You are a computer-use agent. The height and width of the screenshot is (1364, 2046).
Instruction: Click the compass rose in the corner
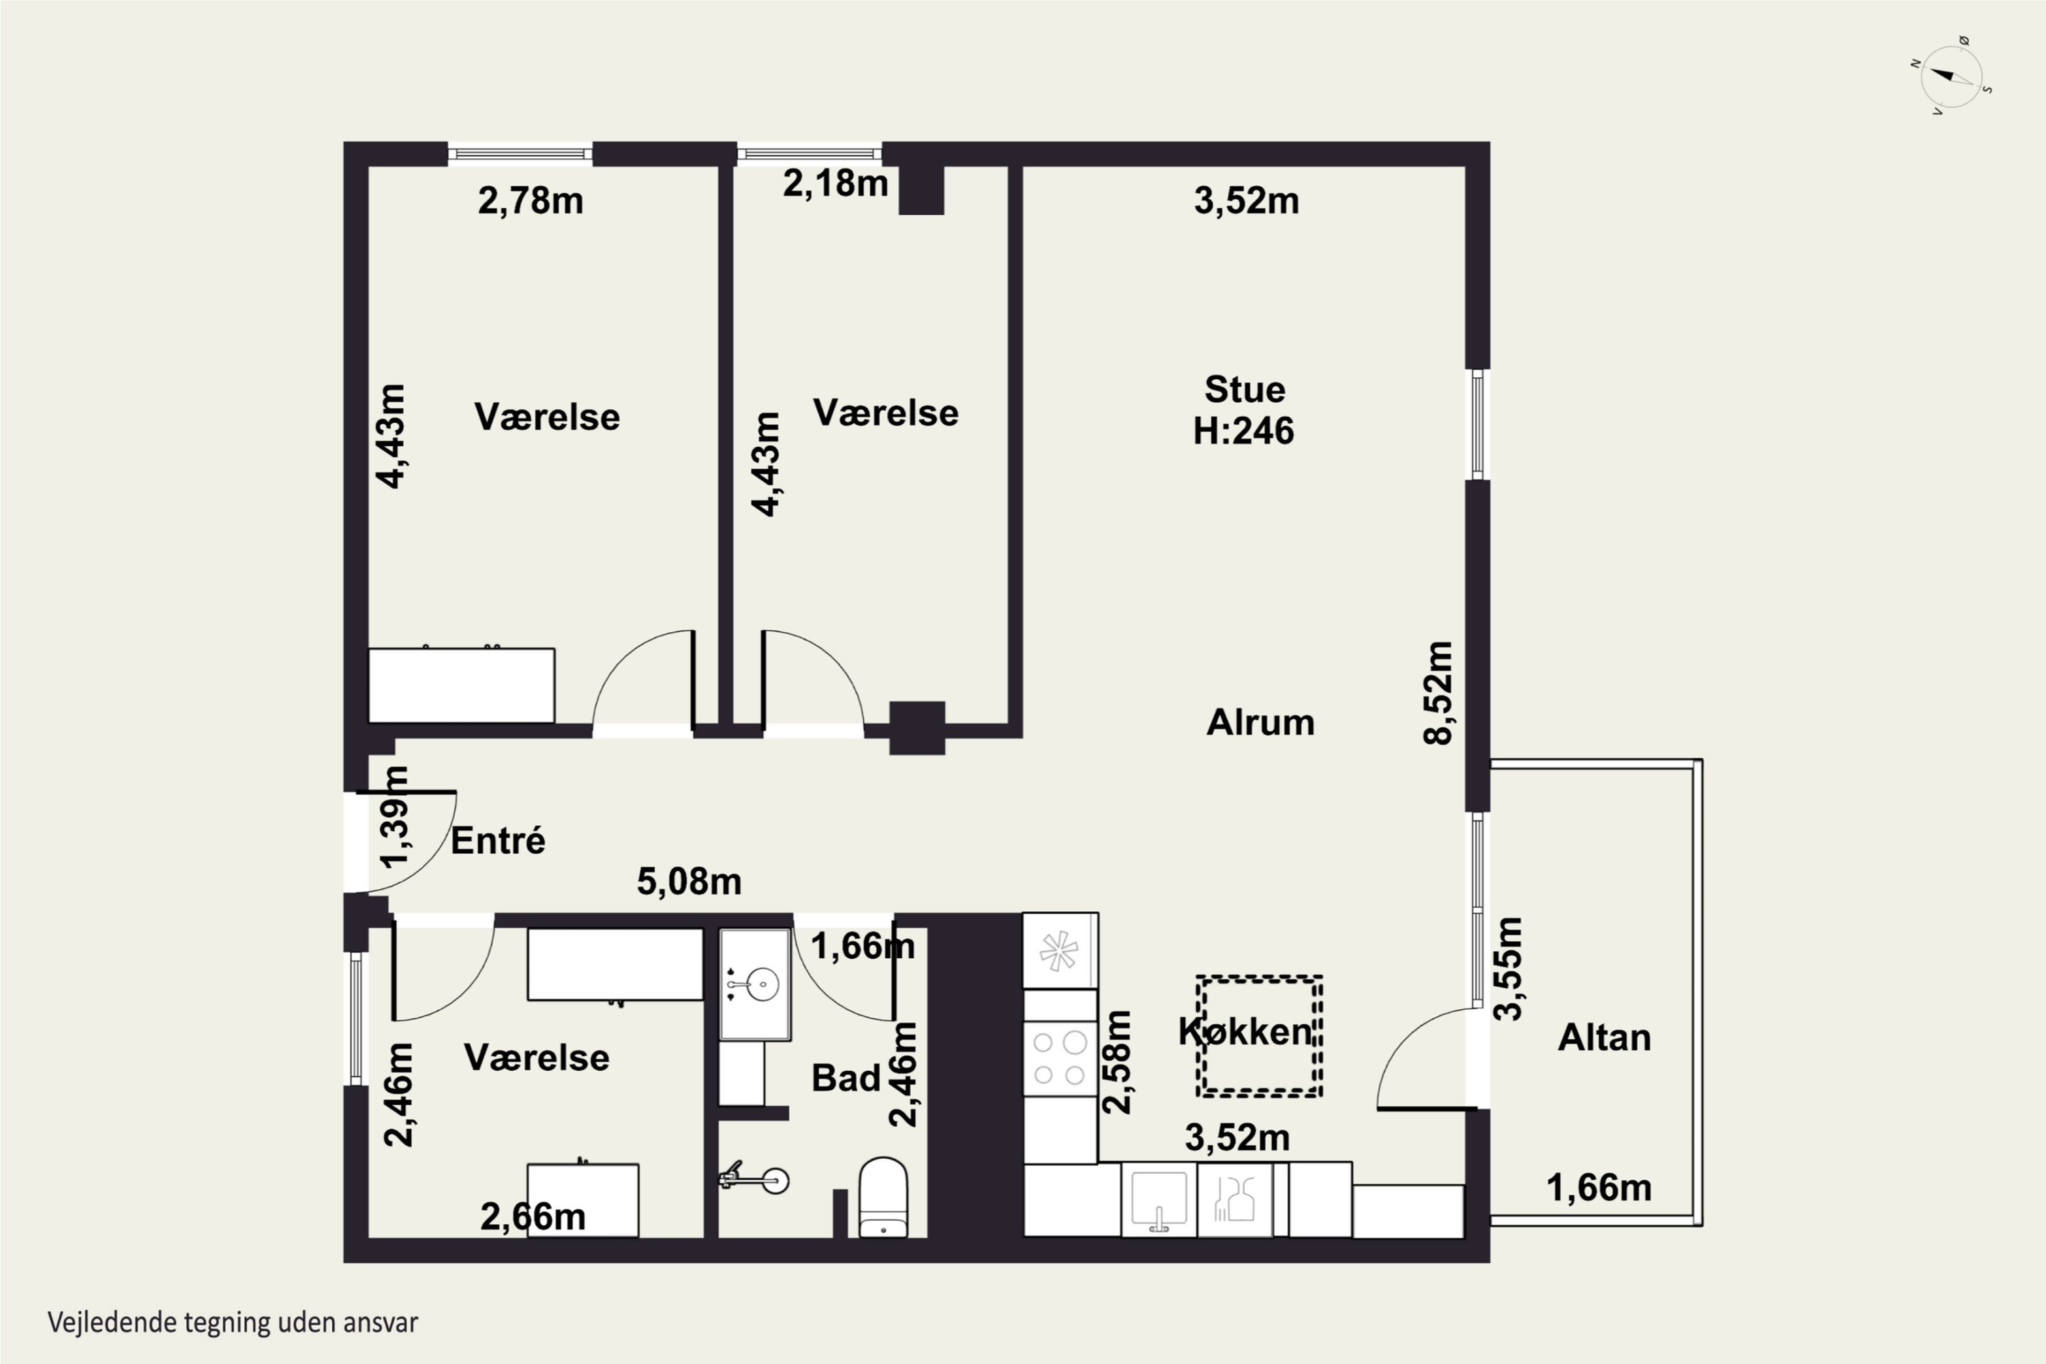coord(1951,76)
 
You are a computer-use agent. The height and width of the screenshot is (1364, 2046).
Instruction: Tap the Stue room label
coord(1245,389)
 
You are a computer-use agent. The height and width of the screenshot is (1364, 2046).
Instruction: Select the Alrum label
coord(1260,723)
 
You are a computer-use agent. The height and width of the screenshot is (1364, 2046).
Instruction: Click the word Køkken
coord(1245,1032)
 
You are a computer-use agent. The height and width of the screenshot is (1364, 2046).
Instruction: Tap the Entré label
coord(498,840)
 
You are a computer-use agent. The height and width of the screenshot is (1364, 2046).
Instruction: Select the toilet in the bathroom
coord(883,1197)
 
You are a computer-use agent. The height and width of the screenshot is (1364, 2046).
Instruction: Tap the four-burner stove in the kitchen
coord(1060,1058)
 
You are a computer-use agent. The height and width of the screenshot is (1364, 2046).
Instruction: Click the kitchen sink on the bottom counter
coord(1159,1200)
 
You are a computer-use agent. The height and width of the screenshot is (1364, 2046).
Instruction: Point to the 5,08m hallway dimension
coord(689,882)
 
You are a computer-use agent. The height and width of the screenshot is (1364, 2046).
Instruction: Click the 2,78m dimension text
coord(531,201)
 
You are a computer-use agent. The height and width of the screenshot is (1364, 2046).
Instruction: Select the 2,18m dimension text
coord(835,183)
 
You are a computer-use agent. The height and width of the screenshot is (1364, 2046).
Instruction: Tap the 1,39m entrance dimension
coord(395,817)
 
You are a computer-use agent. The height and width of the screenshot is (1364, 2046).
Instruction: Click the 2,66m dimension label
coord(533,1217)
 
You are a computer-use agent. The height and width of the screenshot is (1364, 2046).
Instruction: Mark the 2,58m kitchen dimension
coord(1117,1062)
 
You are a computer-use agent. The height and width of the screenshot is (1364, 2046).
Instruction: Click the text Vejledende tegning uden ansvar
coord(233,1323)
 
